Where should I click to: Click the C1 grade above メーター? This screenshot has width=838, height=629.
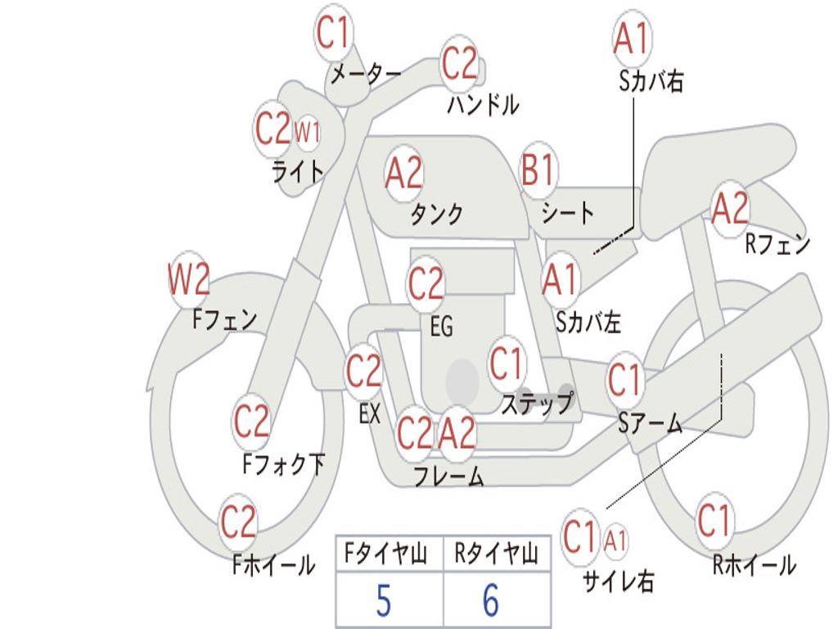332,32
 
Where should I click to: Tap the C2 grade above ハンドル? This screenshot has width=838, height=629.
459,63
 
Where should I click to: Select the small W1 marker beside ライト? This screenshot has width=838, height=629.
308,132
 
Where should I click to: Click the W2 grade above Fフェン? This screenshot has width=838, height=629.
188,279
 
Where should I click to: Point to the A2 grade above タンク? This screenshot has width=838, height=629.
403,173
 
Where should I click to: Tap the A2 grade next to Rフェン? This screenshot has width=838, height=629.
730,209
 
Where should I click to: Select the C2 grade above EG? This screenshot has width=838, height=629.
426,283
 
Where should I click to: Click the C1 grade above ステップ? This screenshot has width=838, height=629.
506,363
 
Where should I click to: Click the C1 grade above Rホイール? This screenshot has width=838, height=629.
714,520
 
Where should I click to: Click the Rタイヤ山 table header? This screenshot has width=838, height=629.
497,554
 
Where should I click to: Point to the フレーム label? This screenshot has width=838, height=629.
449,476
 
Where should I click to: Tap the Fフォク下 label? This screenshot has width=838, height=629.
283,464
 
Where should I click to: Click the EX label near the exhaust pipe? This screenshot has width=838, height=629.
370,414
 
